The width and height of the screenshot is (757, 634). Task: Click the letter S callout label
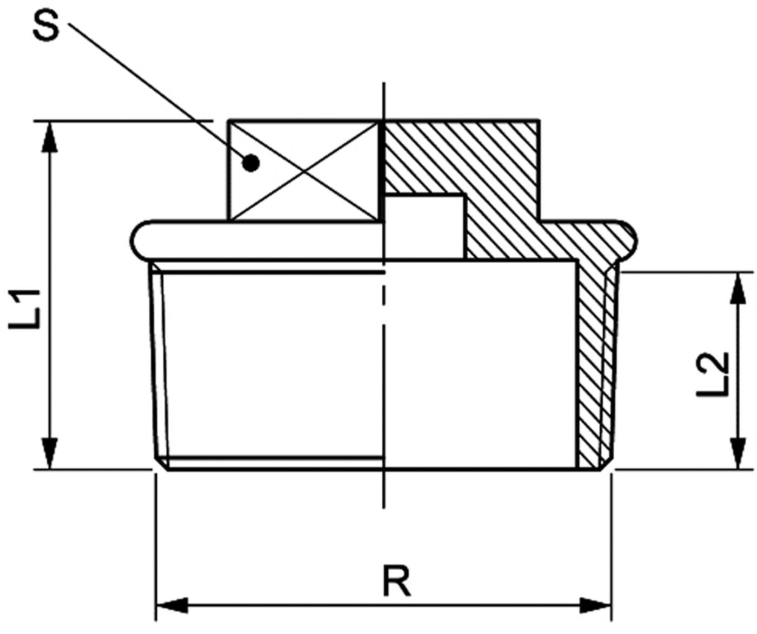[45, 26]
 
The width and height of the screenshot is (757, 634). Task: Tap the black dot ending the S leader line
[251, 163]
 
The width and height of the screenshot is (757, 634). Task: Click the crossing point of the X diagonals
[303, 170]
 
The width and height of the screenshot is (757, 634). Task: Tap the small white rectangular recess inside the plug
[424, 227]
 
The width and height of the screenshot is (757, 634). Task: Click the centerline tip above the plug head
[384, 83]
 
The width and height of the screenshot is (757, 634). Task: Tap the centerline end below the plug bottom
[384, 508]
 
